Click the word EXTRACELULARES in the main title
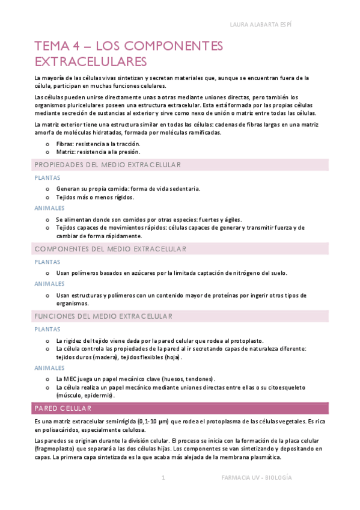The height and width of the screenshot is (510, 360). tap(91, 61)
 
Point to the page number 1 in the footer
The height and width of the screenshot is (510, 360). tap(163, 477)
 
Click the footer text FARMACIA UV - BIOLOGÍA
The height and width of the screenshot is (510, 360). tap(257, 477)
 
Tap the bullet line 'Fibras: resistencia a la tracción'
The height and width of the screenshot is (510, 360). tap(98, 144)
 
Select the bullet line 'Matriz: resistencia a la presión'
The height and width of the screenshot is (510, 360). tap(97, 152)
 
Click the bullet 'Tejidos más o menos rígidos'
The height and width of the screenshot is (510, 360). tap(95, 197)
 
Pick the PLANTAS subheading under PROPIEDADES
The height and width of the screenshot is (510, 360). tap(47, 178)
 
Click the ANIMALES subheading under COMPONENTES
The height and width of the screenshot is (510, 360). tap(50, 283)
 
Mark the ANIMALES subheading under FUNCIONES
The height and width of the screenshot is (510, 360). tap(50, 367)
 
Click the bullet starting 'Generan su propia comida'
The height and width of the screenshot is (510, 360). tap(128, 188)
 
